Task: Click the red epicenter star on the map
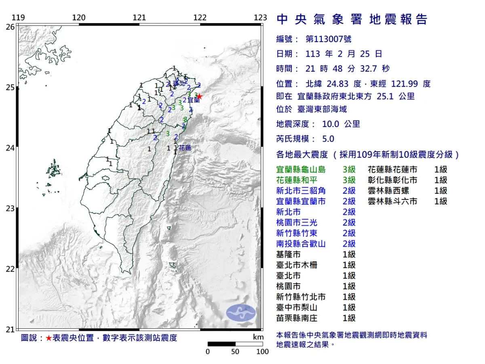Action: (199, 96)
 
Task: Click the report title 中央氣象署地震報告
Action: (352, 19)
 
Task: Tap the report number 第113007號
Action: (328, 39)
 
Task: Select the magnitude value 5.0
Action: (328, 139)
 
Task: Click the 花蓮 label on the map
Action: (185, 148)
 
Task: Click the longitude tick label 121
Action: (139, 18)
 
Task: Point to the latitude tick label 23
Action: (10, 209)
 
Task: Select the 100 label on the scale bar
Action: (262, 351)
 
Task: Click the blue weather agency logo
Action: (240, 313)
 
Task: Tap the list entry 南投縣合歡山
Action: (301, 243)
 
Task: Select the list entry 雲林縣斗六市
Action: (392, 201)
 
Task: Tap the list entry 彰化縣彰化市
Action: (392, 180)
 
